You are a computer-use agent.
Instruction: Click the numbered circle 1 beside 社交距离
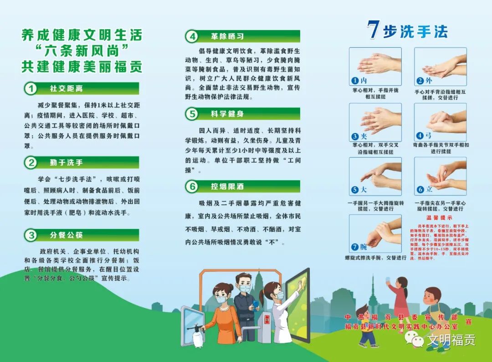[30, 88]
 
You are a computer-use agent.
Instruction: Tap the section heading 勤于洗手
[67, 163]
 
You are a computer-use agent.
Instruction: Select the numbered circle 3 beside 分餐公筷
[30, 235]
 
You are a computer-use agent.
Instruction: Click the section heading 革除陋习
[226, 36]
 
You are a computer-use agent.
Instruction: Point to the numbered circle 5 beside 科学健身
[192, 114]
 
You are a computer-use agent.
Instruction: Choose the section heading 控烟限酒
[226, 186]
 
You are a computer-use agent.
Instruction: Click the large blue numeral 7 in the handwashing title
[374, 30]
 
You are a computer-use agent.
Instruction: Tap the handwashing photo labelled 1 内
[375, 66]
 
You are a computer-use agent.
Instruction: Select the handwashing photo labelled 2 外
[440, 66]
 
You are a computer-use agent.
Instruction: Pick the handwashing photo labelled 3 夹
[375, 122]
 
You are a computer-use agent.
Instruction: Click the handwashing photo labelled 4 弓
[440, 122]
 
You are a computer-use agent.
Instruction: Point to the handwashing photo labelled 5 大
[375, 176]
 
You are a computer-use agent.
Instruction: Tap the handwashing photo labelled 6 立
[440, 176]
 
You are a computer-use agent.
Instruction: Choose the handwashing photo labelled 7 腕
[375, 234]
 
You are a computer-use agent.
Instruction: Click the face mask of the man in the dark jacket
[245, 289]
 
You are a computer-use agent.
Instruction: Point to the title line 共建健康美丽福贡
[82, 66]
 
